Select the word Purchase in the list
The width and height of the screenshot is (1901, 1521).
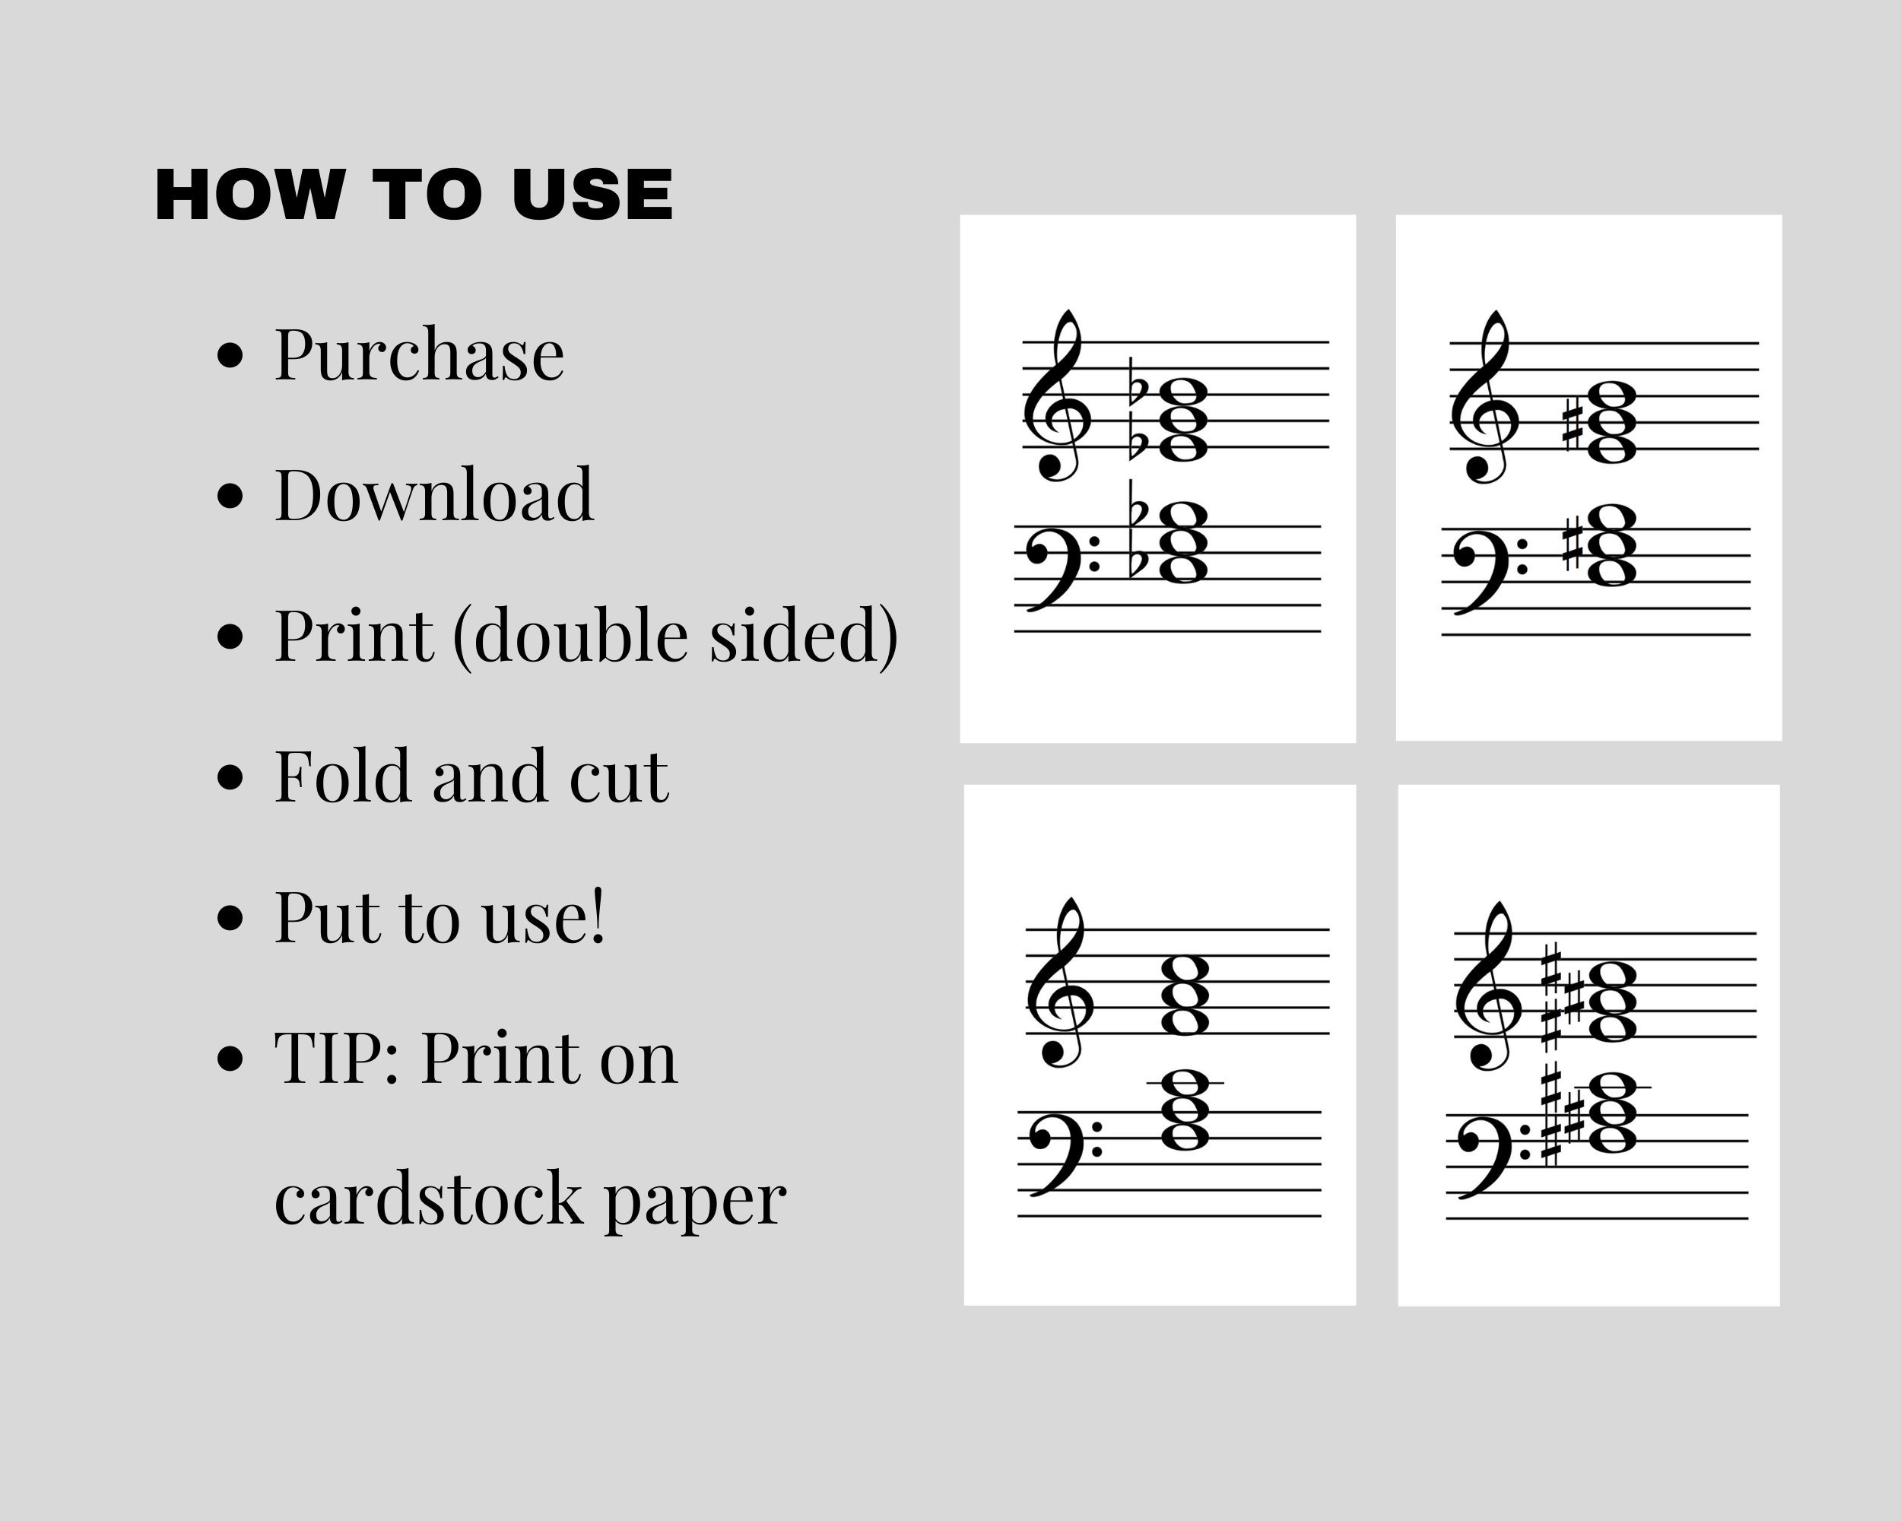click(x=419, y=354)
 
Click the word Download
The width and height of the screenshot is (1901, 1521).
click(x=434, y=496)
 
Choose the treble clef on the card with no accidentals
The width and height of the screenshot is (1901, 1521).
click(x=1060, y=983)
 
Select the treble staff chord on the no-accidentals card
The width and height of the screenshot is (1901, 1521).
click(x=1185, y=996)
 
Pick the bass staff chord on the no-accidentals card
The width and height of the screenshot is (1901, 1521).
click(x=1185, y=1110)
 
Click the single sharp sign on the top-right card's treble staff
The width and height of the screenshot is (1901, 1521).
click(x=1571, y=424)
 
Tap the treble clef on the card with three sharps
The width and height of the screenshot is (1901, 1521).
click(x=1487, y=988)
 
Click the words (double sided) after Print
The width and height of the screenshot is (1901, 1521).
click(x=675, y=637)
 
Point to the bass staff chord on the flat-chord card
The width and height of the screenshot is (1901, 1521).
click(x=1182, y=542)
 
